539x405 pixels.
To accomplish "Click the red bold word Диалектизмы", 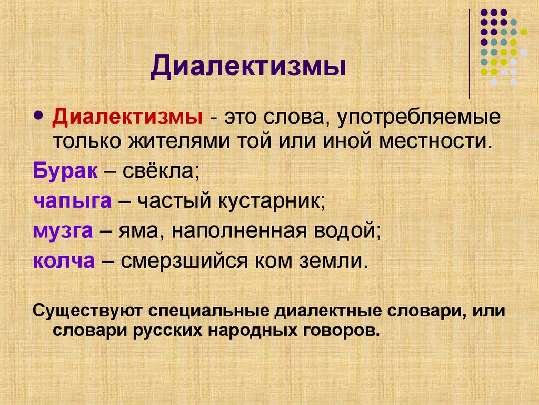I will coord(128,117).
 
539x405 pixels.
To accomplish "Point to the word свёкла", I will coord(161,171).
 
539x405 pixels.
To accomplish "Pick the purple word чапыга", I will coord(73,201).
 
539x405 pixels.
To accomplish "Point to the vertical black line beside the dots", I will coord(469,53).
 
